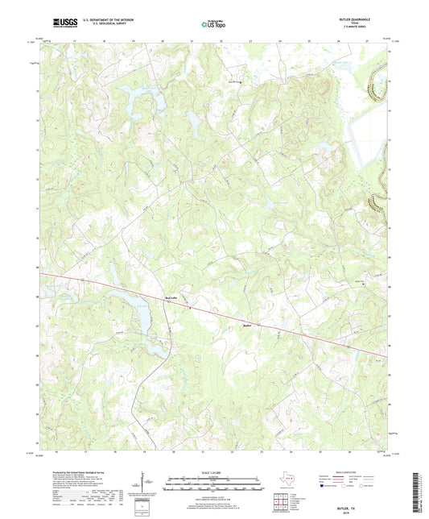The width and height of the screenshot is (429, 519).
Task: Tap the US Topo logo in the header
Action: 212,24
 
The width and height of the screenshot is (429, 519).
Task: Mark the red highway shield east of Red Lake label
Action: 188,306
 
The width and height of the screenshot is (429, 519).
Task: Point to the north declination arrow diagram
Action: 146,485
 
